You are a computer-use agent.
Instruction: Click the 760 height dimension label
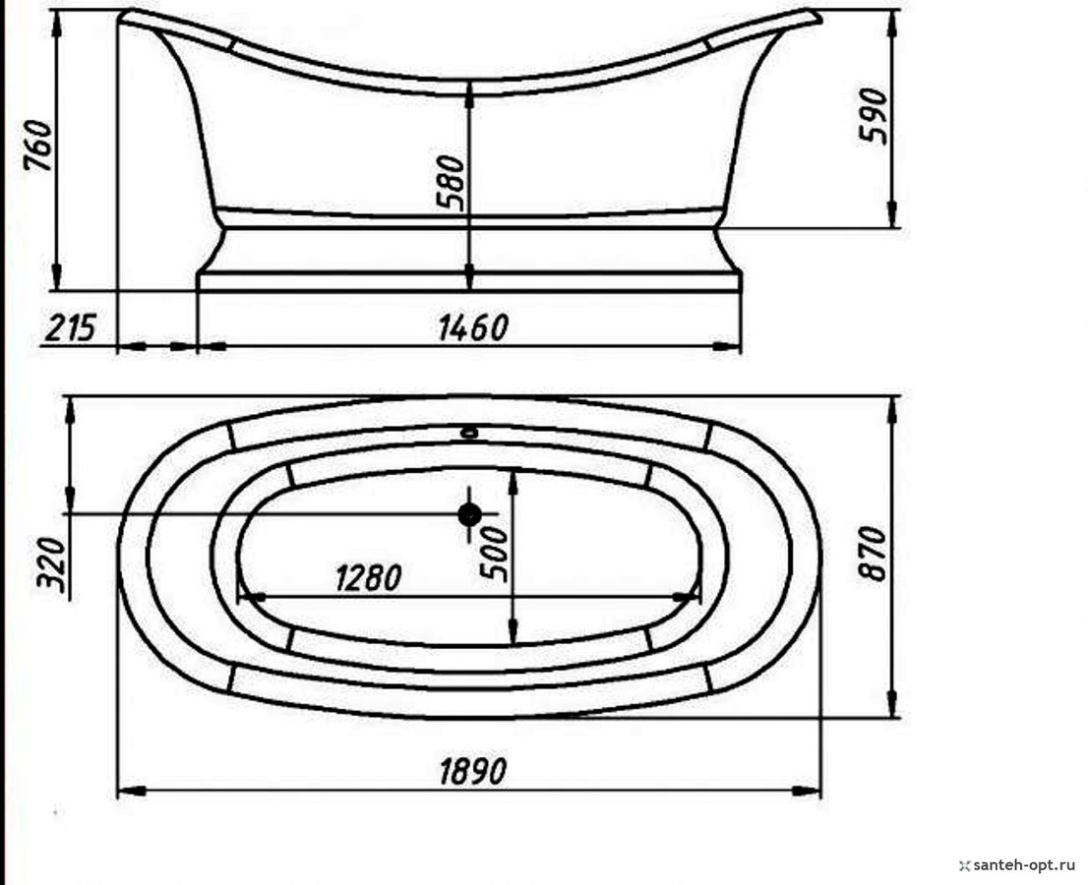[38, 146]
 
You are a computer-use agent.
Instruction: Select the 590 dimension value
[873, 116]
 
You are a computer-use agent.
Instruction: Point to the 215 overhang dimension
[70, 327]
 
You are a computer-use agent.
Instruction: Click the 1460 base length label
[473, 327]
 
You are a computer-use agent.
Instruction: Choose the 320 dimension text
[52, 563]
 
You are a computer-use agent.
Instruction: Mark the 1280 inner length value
[369, 578]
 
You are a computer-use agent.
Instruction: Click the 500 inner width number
[495, 554]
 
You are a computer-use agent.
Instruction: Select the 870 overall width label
[873, 554]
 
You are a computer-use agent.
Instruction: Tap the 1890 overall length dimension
[473, 771]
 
